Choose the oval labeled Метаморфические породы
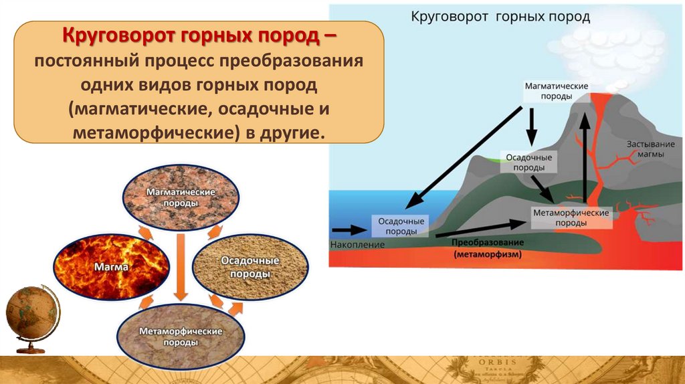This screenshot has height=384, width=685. (x=180, y=336)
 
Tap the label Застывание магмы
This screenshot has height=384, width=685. (x=646, y=149)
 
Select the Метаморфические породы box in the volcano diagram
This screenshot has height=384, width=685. (x=571, y=217)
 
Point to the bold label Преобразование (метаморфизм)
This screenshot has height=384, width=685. (x=487, y=248)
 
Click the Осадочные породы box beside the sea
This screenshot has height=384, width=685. (x=399, y=226)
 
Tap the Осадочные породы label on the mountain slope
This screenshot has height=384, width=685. (x=528, y=162)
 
